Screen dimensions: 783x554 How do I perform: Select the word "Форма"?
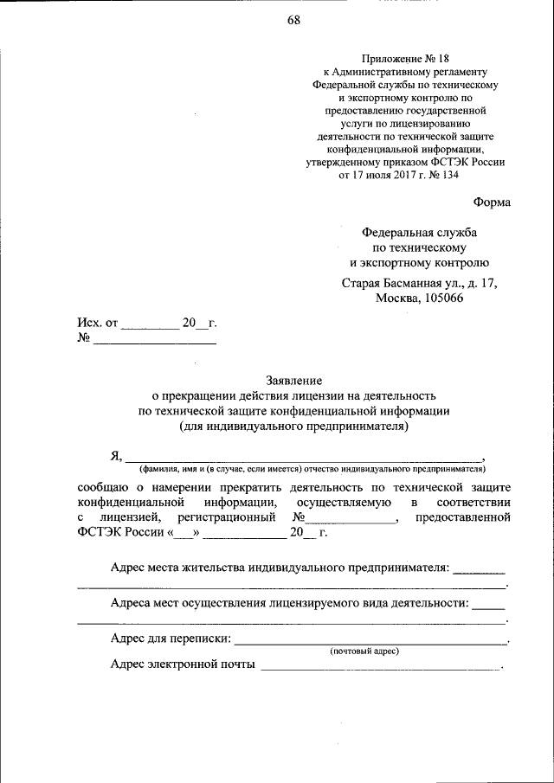click(492, 202)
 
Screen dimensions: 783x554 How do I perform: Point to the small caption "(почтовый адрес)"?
click(364, 651)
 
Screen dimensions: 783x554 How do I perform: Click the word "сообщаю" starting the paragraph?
click(104, 487)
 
